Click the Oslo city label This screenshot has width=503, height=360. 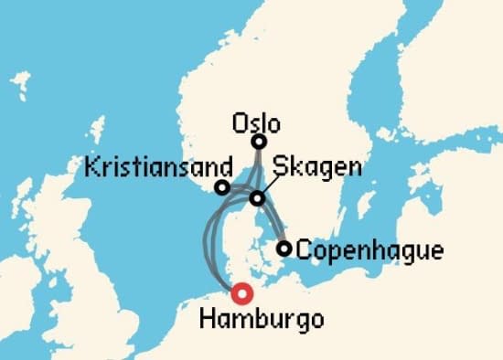coord(257,122)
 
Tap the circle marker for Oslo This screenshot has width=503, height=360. coord(260,142)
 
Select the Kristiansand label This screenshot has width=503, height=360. coord(144,169)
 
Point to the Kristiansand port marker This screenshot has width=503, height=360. coord(221,187)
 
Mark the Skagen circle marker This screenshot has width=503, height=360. coord(258,198)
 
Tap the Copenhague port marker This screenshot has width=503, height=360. coord(284,248)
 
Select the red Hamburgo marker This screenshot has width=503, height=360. coord(241,293)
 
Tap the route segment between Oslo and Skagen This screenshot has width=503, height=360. coord(259,171)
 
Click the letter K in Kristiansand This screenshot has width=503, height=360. coord(89,169)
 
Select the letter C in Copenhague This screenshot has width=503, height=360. coord(305,249)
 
